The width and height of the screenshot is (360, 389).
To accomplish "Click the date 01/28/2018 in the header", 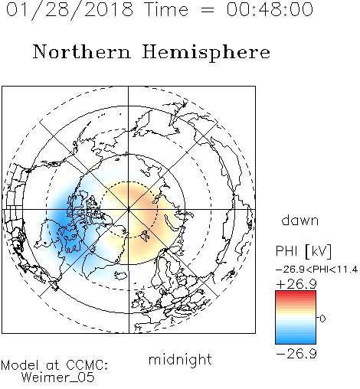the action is click(69, 10).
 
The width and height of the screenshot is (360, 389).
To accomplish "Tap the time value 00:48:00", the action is click(270, 9).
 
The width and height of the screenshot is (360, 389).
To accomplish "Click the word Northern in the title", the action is click(82, 51).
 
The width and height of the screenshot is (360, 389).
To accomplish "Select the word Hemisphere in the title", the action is click(206, 53).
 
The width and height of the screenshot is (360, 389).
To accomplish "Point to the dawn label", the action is click(300, 220).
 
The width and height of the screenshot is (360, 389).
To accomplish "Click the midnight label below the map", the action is click(180, 360).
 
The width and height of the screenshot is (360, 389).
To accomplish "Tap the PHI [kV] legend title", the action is click(303, 251).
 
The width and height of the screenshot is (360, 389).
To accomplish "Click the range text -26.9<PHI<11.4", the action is click(316, 270).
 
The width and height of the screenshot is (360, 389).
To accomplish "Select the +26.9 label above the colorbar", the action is click(296, 284).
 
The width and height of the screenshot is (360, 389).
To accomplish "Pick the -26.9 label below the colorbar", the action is click(296, 354).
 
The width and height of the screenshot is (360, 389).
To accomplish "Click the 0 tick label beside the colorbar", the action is click(322, 319).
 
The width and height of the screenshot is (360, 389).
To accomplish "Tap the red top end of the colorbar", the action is click(296, 293).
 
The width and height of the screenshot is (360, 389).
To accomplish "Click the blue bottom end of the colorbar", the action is click(296, 342).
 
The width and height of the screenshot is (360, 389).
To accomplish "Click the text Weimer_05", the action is click(58, 378).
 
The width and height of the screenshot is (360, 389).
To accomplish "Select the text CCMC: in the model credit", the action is click(87, 365).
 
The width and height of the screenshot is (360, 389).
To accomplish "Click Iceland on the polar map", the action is click(121, 276).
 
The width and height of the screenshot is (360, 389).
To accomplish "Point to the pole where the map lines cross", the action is click(129, 210).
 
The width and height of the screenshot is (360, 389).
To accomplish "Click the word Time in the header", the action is click(166, 10).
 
